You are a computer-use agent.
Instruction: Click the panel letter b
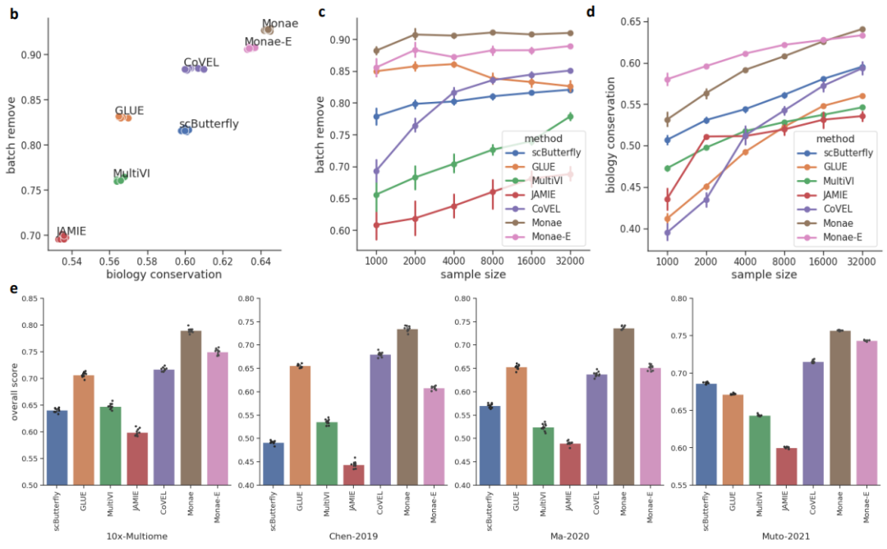14,13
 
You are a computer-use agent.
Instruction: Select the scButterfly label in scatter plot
209,124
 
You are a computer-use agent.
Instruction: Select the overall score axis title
13,392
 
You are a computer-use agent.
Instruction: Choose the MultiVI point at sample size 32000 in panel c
569,117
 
